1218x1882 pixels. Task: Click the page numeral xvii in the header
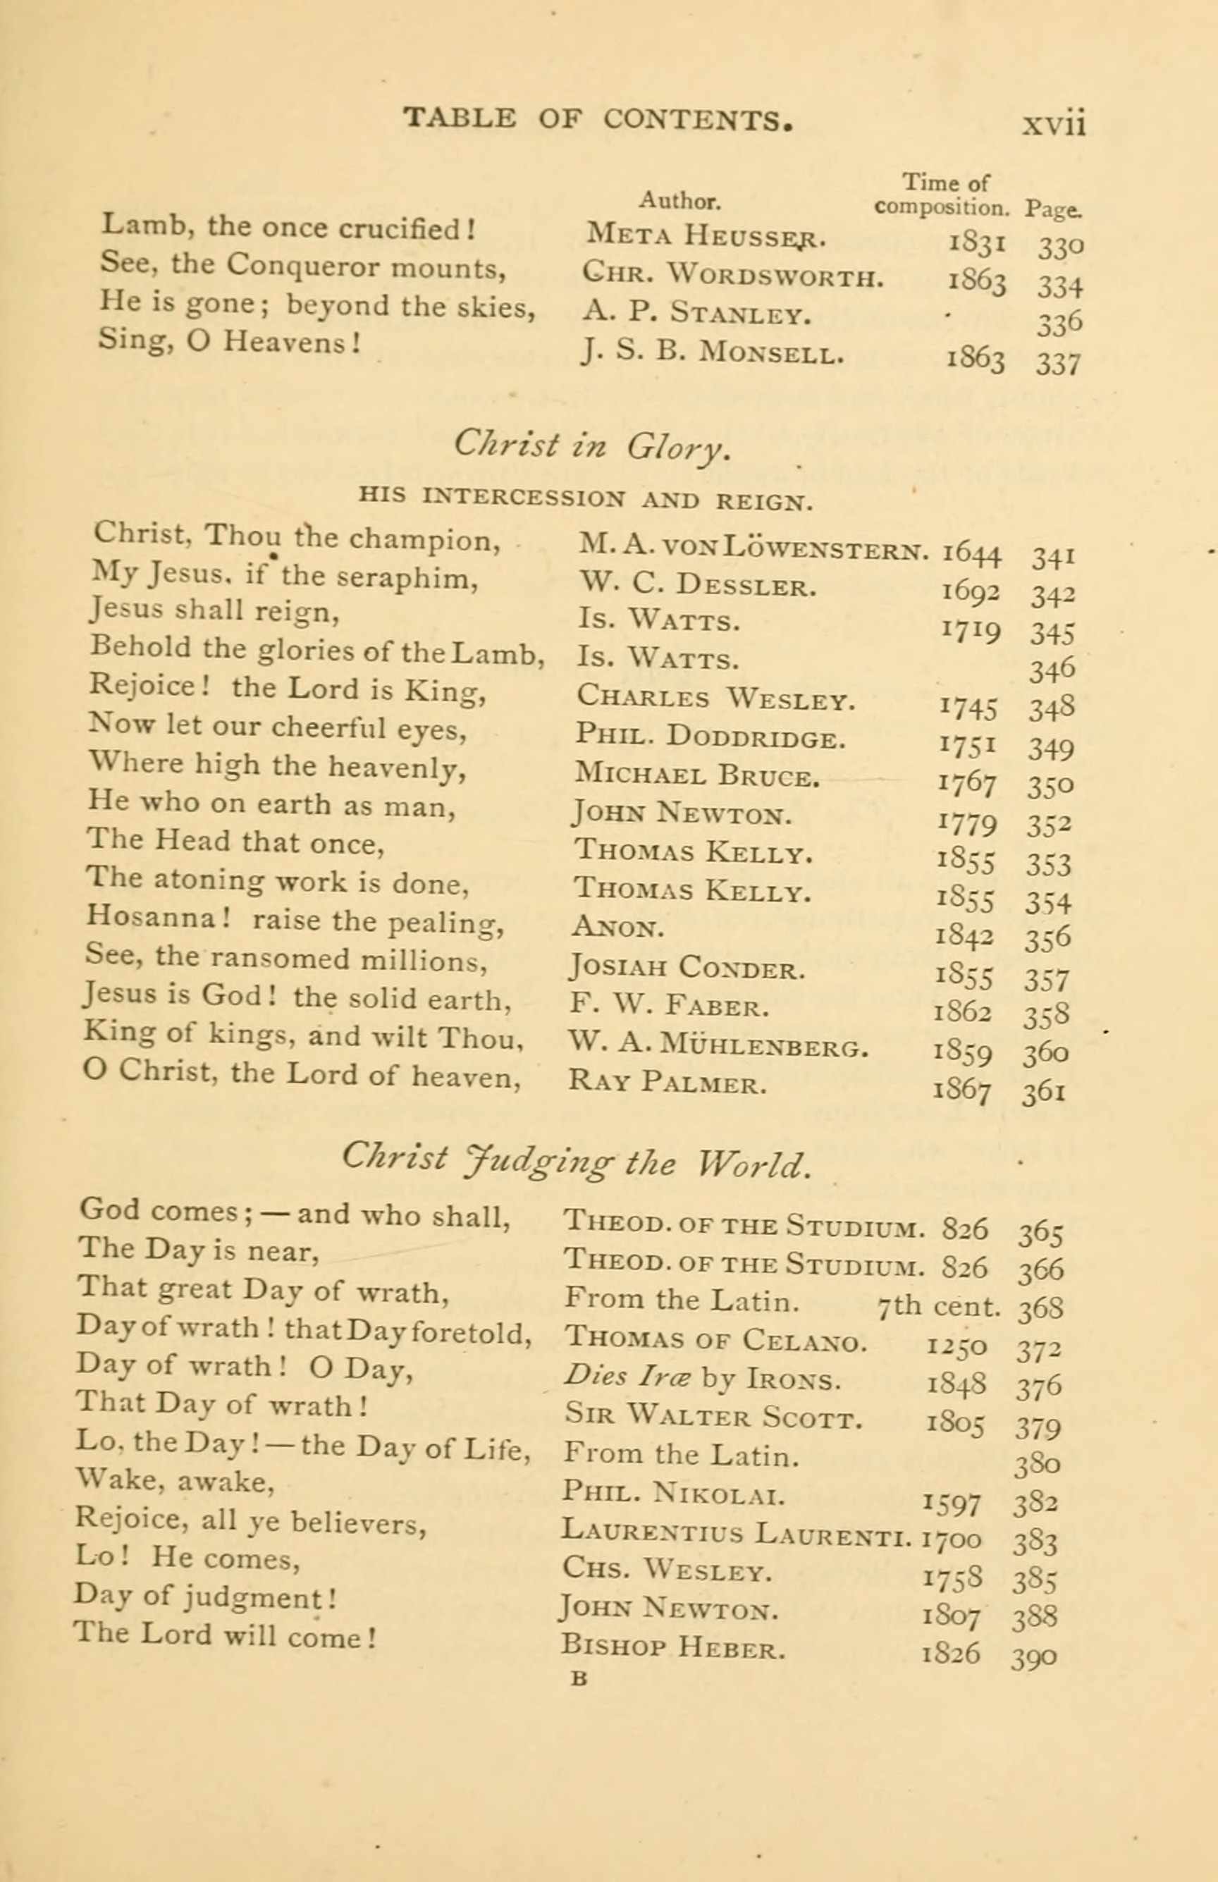coord(1054,124)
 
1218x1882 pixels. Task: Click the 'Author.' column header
coord(679,201)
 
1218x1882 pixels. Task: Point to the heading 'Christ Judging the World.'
coord(577,1161)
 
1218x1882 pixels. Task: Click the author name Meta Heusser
coord(706,234)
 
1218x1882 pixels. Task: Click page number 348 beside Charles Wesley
coord(1051,708)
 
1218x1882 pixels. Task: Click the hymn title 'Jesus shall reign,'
coord(215,610)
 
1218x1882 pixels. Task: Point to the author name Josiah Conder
coord(687,967)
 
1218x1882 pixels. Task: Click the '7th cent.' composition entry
coord(939,1305)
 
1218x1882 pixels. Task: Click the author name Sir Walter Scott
coord(713,1416)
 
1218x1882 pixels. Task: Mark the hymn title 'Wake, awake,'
coord(175,1480)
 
